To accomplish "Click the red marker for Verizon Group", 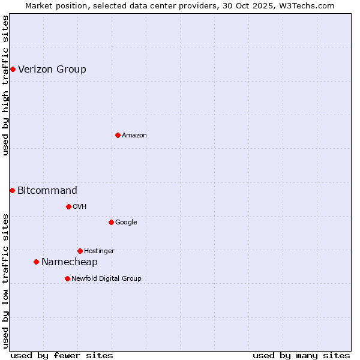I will click(x=13, y=70).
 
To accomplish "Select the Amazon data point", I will click(x=118, y=136).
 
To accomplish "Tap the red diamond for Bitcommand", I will click(x=12, y=191).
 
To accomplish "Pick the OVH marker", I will click(x=68, y=207).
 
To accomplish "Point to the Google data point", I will click(x=111, y=223).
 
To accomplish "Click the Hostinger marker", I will click(x=80, y=251).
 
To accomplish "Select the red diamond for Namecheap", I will click(x=36, y=262).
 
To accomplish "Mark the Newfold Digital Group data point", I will click(x=67, y=279).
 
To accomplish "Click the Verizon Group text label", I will click(x=52, y=70).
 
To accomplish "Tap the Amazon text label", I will click(x=134, y=136).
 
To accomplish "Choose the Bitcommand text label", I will click(x=47, y=191).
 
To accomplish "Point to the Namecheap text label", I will click(x=70, y=262).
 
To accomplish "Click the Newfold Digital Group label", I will click(x=106, y=279).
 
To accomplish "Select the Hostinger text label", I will click(x=99, y=251).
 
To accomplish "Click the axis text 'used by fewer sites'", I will click(x=62, y=355).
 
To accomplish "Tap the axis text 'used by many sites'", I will click(x=301, y=355).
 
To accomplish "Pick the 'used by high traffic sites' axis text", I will click(x=5, y=85).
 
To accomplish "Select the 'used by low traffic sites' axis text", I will click(x=5, y=281).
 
